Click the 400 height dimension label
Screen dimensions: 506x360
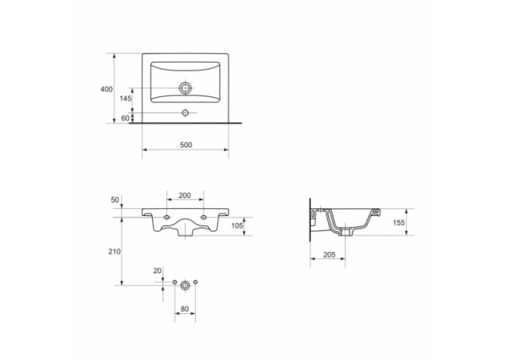(106, 89)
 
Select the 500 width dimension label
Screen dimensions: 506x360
(186, 145)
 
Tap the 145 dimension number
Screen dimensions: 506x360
(126, 98)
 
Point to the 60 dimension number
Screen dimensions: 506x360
(126, 118)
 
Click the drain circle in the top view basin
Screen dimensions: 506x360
(185, 88)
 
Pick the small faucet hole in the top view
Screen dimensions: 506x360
(185, 112)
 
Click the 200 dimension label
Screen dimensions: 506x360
(185, 196)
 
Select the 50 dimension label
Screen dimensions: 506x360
(115, 200)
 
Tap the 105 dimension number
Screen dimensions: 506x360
(237, 226)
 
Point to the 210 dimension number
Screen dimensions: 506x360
(114, 252)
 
